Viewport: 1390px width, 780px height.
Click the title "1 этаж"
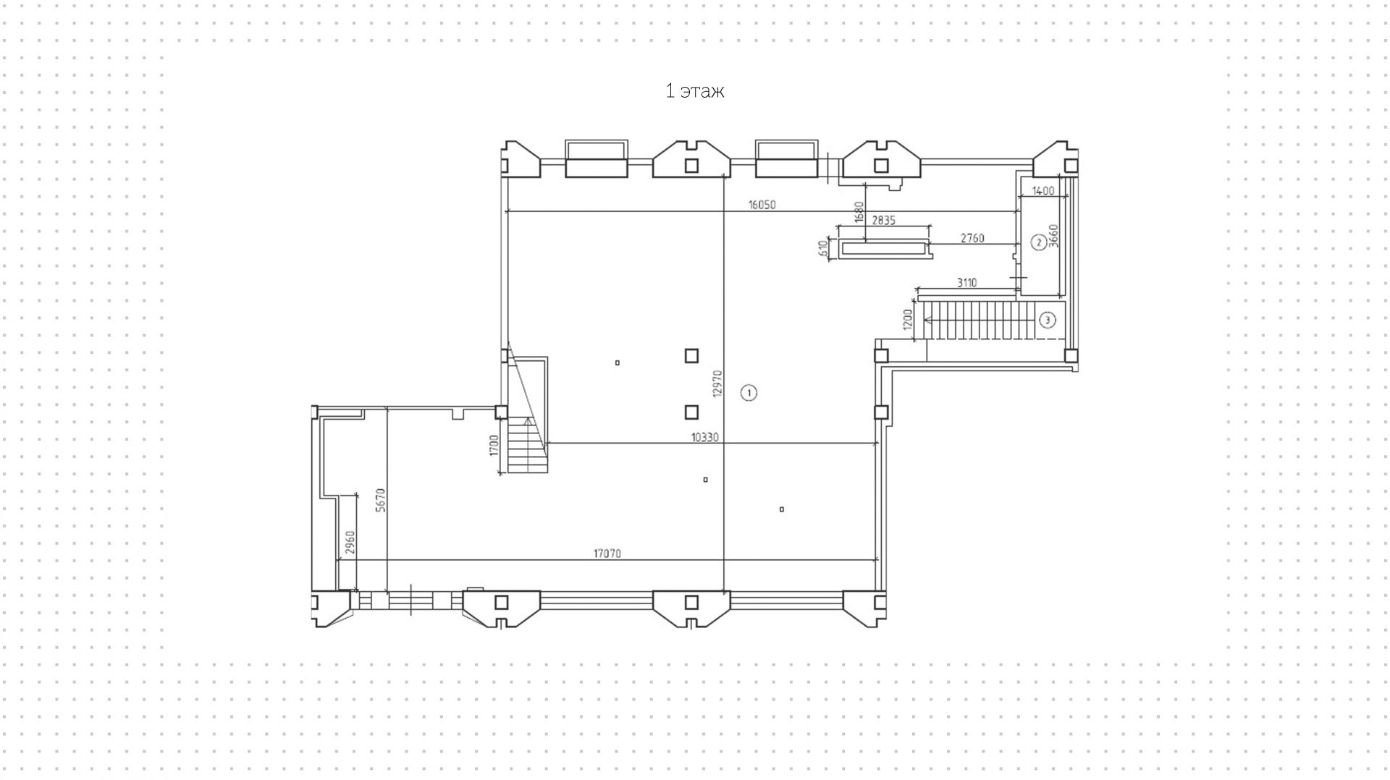pos(695,91)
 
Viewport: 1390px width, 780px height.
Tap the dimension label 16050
pos(762,205)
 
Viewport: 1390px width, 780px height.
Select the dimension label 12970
pos(717,383)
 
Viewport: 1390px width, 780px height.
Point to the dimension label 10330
pos(704,437)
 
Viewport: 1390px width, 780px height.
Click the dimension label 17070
pos(607,554)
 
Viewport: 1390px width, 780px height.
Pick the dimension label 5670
pos(381,500)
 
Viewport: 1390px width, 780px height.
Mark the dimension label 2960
pos(350,543)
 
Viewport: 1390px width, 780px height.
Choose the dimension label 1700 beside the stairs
pos(494,445)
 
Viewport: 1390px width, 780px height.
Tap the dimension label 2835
pos(883,220)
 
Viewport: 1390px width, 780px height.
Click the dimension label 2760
pos(972,238)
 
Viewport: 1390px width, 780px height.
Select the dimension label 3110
pos(966,283)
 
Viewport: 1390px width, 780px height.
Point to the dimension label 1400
pos(1043,191)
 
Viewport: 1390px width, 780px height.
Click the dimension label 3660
pos(1054,236)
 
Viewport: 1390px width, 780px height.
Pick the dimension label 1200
pos(909,319)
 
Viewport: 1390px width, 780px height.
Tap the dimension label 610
pos(823,249)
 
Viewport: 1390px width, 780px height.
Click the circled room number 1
pos(749,393)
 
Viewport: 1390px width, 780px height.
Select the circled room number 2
pos(1038,242)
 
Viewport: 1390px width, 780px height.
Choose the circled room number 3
pos(1048,320)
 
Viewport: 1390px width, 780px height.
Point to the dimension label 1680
pos(859,212)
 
